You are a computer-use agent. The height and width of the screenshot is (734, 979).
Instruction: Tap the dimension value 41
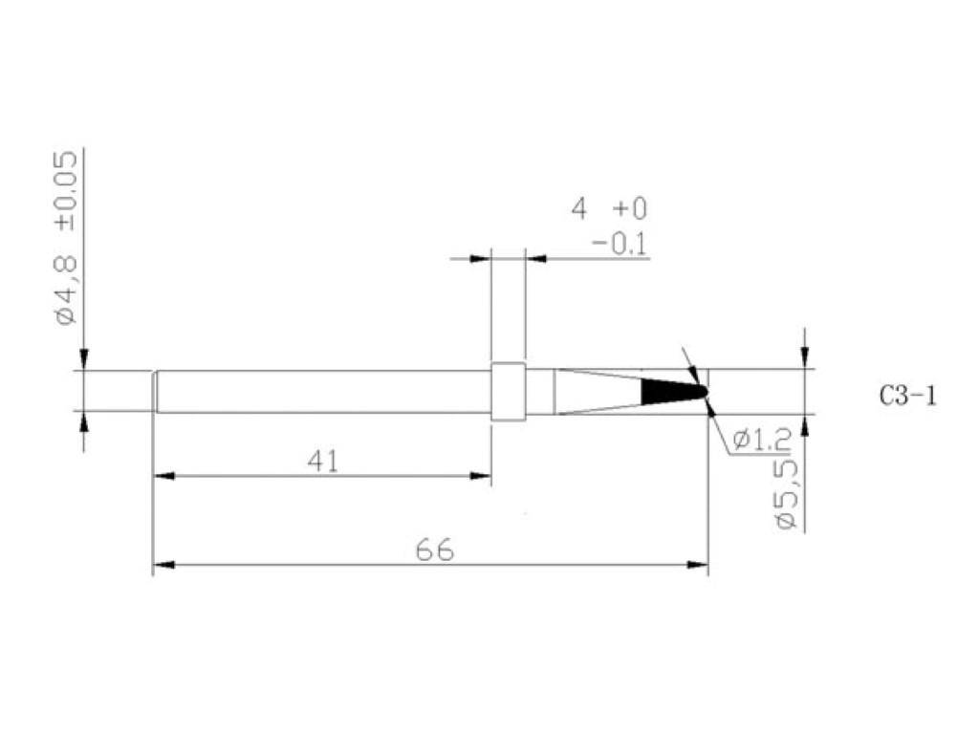pos(322,462)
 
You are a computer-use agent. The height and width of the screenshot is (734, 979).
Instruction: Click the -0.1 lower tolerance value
pos(619,245)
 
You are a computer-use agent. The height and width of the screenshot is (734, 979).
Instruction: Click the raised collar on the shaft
pos(508,392)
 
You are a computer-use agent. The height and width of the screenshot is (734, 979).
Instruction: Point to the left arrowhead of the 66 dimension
pos(163,565)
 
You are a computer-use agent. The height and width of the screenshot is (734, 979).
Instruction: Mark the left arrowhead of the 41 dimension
pos(163,475)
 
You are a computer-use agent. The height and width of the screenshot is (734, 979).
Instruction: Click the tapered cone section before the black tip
pos(598,392)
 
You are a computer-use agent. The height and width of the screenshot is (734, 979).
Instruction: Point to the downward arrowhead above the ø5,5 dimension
pos(805,358)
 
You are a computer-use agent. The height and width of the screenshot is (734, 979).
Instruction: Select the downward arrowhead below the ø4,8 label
pos(84,358)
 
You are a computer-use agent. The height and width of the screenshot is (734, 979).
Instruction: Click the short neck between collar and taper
pos(540,392)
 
